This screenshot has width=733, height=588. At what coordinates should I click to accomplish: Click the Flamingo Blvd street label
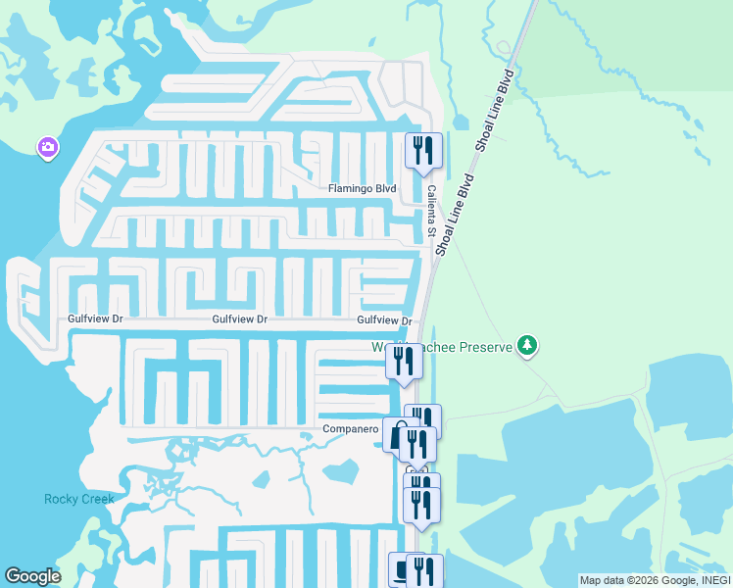[x=363, y=189]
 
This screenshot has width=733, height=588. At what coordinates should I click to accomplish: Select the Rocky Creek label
[x=79, y=499]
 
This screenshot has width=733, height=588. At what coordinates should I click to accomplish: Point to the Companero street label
[x=350, y=429]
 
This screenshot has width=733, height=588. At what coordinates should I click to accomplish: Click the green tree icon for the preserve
[x=528, y=345]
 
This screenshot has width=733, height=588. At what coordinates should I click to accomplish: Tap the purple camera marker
[x=47, y=148]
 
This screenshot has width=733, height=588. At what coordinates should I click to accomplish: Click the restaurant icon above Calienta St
[x=424, y=151]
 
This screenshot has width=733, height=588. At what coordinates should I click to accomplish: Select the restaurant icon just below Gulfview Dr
[x=404, y=361]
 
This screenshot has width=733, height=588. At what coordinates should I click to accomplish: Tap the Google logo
[x=32, y=576]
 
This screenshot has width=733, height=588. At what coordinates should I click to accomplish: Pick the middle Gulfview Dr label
[x=240, y=319]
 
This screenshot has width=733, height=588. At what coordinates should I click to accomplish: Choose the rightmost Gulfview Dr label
[x=383, y=320]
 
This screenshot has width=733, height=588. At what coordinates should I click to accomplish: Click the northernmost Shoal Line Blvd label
[x=497, y=110]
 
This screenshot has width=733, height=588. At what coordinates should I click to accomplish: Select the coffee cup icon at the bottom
[x=401, y=570]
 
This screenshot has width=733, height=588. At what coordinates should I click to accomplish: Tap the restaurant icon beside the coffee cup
[x=425, y=570]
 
